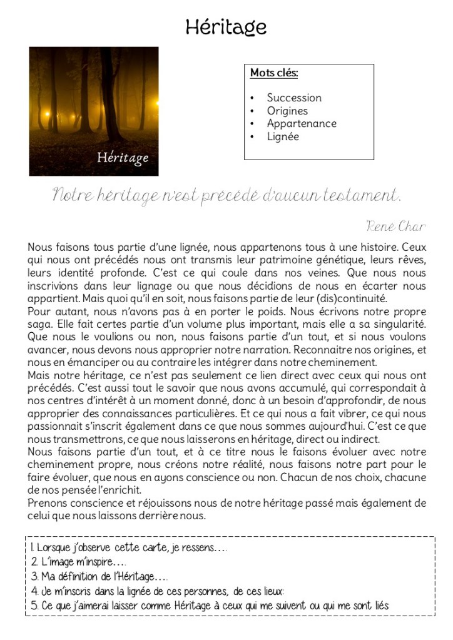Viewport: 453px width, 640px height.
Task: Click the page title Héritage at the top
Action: pos(226,26)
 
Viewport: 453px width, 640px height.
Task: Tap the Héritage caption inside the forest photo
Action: pos(123,158)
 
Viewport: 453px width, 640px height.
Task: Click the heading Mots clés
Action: pos(274,73)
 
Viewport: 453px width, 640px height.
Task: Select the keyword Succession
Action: pos(294,98)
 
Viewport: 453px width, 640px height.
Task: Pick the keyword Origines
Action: pos(287,111)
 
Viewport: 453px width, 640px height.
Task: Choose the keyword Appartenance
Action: pos(302,123)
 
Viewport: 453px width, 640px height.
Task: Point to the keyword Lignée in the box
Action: pos(283,136)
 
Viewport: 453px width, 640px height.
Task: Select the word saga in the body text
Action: pos(39,324)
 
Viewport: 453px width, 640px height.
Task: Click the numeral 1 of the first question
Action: pos(32,548)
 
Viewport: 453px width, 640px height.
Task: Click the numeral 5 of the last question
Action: pos(34,606)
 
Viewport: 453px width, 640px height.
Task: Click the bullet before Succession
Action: pos(252,98)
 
